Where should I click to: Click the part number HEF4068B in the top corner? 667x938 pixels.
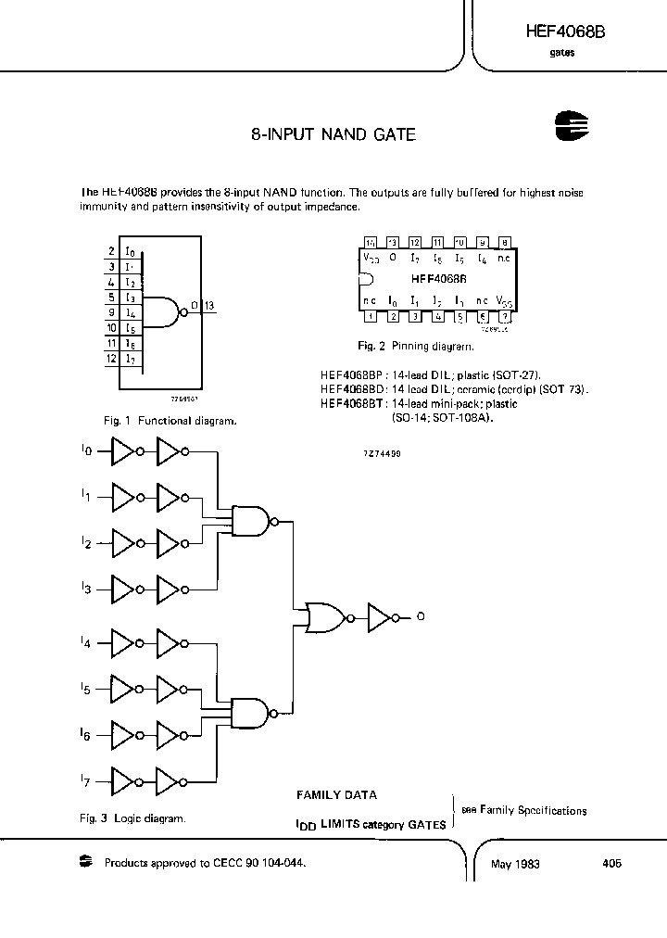coord(565,32)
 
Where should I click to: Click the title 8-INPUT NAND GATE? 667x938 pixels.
coord(333,134)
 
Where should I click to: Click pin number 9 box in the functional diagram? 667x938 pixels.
coord(110,312)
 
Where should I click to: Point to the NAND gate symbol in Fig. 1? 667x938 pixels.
coord(163,312)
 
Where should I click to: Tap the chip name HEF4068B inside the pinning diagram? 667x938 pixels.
coord(439,277)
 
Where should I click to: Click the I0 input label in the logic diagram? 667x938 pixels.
coord(86,450)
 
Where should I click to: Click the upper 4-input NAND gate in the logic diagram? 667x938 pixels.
coord(250,522)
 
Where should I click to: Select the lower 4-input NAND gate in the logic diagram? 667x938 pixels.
coord(250,712)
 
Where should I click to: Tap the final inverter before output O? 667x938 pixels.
coord(381,616)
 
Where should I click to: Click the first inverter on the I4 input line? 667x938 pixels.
coord(123,641)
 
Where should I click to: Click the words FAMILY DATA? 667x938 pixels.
coord(336,795)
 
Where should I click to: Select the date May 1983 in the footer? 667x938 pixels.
coord(515,864)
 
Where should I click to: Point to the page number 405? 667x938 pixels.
coord(610,863)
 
